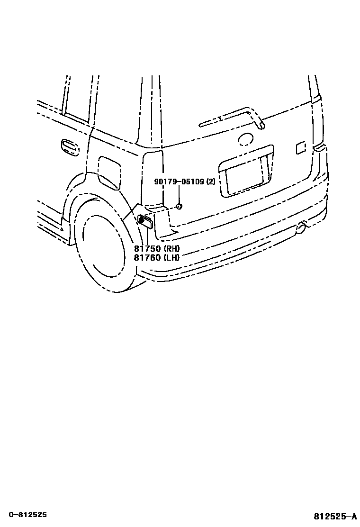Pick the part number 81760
[147, 257]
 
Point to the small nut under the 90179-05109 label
[179, 206]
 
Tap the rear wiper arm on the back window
[232, 118]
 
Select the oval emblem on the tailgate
[246, 139]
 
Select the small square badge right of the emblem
[301, 147]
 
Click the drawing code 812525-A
[334, 516]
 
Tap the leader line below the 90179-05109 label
[179, 194]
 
